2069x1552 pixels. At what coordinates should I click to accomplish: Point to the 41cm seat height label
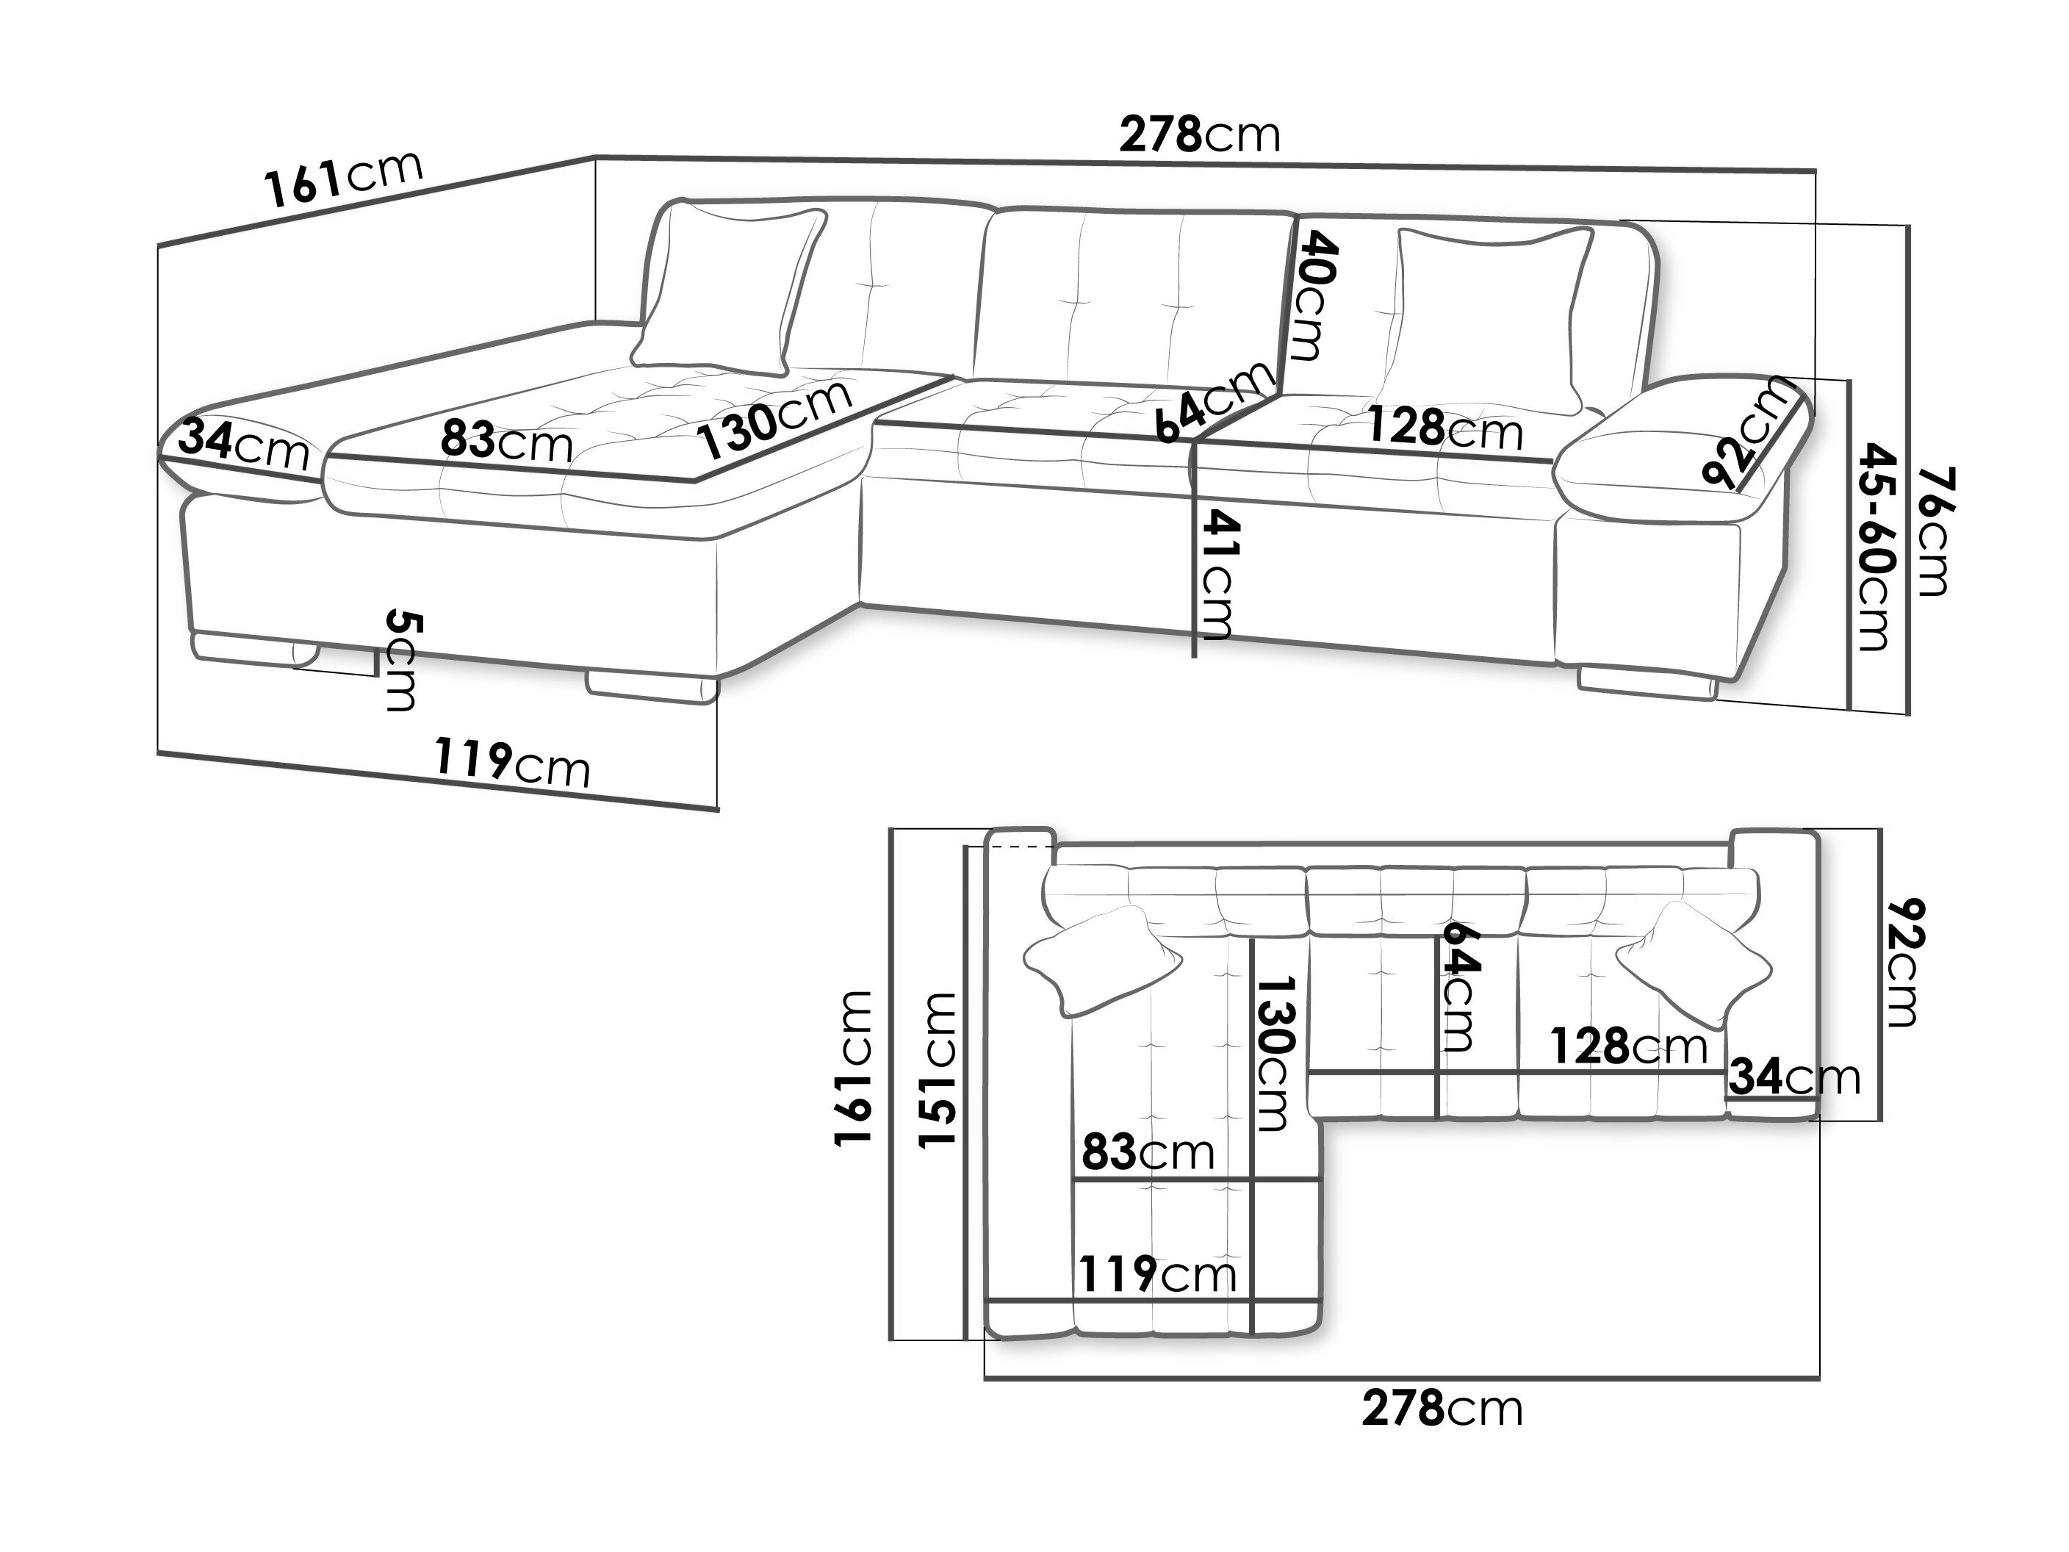(x=1217, y=572)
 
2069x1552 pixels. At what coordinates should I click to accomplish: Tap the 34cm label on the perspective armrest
(x=243, y=445)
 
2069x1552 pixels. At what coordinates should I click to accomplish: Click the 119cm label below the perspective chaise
(x=511, y=764)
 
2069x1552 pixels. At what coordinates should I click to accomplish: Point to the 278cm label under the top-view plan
(x=1442, y=1408)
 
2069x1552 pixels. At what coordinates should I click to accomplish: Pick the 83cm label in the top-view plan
(x=1148, y=1152)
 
